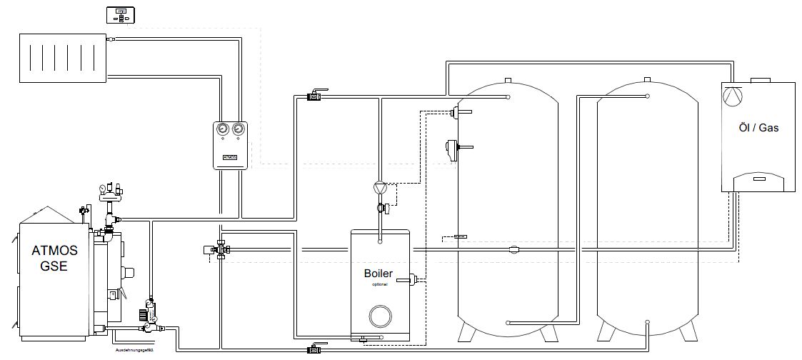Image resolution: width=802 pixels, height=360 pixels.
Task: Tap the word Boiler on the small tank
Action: [x=379, y=273]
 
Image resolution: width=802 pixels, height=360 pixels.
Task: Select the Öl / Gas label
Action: [x=758, y=129]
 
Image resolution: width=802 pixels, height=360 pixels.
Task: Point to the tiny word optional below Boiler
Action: [x=379, y=284]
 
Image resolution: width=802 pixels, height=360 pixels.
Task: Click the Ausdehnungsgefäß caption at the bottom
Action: [x=135, y=351]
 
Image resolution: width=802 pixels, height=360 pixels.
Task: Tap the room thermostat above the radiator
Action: [x=121, y=14]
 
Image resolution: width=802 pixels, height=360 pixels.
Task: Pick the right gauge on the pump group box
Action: [x=239, y=130]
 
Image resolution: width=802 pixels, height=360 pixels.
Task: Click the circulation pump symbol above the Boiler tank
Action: [x=379, y=189]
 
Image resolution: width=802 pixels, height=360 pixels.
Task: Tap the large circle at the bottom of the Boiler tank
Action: [x=379, y=315]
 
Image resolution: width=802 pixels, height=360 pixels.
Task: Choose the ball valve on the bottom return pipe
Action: [x=315, y=349]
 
